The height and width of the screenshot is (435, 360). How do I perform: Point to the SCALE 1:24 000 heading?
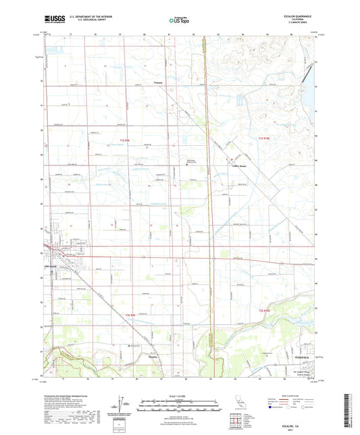point(179,394)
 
